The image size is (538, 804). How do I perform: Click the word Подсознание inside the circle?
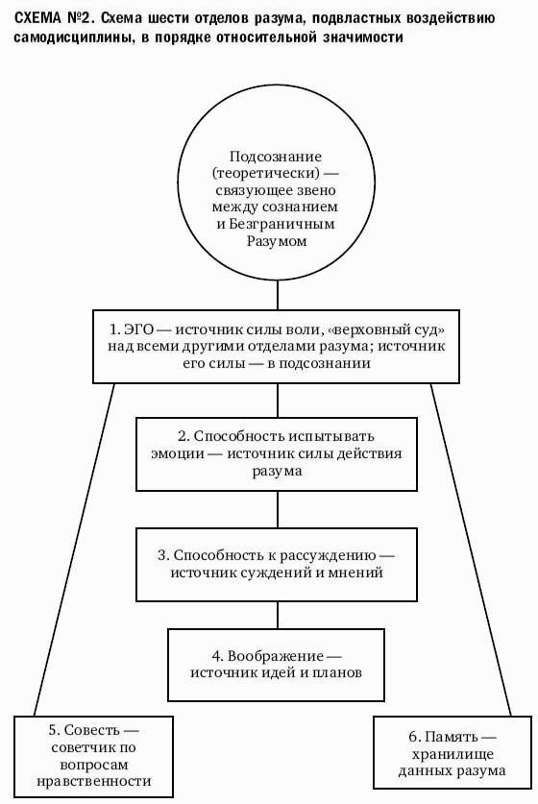tap(276, 157)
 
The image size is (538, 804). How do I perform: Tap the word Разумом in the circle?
tap(277, 240)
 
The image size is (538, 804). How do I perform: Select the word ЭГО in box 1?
tap(139, 329)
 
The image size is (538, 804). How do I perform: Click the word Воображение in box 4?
tap(276, 656)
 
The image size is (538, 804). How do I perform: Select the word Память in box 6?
tap(451, 737)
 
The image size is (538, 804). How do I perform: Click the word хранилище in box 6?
tap(452, 754)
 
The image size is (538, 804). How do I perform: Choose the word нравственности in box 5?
tap(94, 782)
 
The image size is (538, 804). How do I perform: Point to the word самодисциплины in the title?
tap(75, 37)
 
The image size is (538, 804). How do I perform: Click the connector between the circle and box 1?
tap(278, 295)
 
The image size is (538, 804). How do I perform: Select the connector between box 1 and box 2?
tap(278, 401)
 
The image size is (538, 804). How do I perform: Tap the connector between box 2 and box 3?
tap(278, 510)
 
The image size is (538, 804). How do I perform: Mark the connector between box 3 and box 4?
tap(278, 616)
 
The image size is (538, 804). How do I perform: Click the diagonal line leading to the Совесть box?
tap(74, 549)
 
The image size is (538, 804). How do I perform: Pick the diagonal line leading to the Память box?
tap(471, 549)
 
